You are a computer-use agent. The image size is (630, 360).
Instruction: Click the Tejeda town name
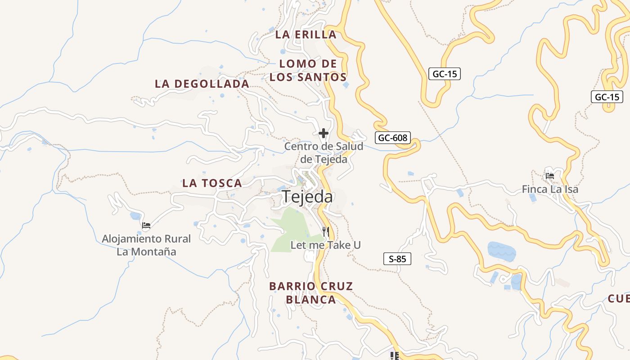[307, 197]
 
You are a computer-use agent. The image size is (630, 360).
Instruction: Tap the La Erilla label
[306, 35]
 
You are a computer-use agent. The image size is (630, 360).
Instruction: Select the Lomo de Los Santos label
[308, 70]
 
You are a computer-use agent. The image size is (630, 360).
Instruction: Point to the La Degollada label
[202, 84]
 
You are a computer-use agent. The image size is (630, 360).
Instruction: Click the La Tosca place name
[212, 183]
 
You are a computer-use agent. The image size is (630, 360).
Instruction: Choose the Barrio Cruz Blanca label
[311, 293]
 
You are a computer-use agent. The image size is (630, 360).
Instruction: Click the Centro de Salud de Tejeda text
[324, 153]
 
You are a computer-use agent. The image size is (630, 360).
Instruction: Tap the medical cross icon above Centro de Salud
[323, 133]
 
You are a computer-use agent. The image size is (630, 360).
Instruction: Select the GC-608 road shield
[393, 138]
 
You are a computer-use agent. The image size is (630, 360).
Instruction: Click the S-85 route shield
[397, 259]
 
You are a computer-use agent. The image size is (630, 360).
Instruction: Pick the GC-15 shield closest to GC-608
[445, 74]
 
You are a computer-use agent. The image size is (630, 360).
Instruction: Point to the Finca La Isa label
[550, 189]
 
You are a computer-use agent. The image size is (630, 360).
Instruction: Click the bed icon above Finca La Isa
[549, 175]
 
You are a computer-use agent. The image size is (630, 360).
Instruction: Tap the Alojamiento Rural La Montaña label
[146, 245]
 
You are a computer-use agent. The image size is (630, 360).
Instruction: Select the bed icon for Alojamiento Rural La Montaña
[146, 225]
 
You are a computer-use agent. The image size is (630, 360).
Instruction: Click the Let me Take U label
[326, 245]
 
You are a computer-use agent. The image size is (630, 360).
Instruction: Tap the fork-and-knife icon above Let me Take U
[326, 232]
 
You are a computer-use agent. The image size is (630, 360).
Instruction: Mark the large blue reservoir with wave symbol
[502, 251]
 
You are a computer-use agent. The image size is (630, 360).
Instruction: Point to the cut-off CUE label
[619, 298]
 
